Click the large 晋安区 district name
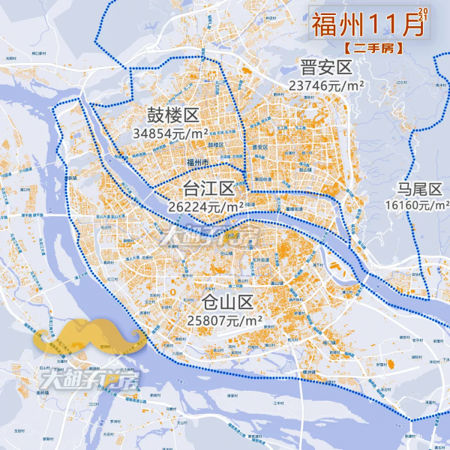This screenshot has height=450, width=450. click(326, 68)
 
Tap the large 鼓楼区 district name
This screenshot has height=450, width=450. click(172, 115)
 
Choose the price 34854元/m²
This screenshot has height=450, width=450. click(170, 133)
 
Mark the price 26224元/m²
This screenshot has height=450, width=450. click(206, 205)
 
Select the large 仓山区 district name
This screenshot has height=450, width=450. click(228, 302)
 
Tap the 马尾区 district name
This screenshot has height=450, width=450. click(418, 187)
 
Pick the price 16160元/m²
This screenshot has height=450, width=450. click(417, 204)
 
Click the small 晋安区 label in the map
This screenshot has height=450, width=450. click(259, 147)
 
